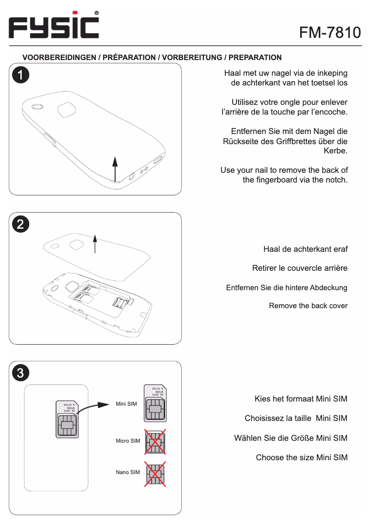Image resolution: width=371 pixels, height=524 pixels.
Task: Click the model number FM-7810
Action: tap(330, 32)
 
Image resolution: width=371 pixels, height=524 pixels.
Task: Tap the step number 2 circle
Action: tap(21, 224)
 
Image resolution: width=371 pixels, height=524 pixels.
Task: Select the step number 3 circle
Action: tap(21, 373)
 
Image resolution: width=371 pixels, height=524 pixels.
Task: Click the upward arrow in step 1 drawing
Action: tap(115, 169)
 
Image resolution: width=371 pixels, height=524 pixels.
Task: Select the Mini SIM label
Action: tap(126, 404)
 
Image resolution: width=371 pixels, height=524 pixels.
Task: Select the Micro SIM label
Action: tap(128, 441)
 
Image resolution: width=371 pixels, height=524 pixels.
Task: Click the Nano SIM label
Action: tap(128, 472)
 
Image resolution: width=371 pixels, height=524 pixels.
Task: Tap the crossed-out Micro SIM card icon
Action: tap(155, 442)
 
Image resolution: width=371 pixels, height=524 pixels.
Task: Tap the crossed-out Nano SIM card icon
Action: tap(155, 474)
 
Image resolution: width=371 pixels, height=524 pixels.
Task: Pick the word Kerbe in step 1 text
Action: tap(336, 151)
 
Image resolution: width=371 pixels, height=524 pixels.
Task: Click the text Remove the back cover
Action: tap(308, 306)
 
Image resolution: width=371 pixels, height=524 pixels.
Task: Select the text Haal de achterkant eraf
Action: tap(305, 250)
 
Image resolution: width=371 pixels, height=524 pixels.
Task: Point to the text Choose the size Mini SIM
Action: tap(302, 458)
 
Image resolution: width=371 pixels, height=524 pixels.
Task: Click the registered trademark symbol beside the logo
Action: tap(96, 13)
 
